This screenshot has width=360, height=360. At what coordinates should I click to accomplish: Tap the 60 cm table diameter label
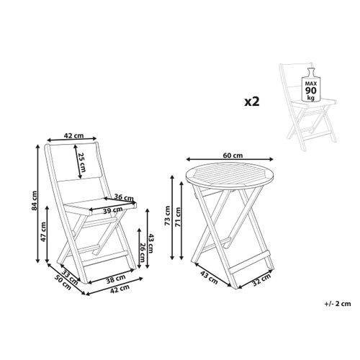(x=232, y=154)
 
